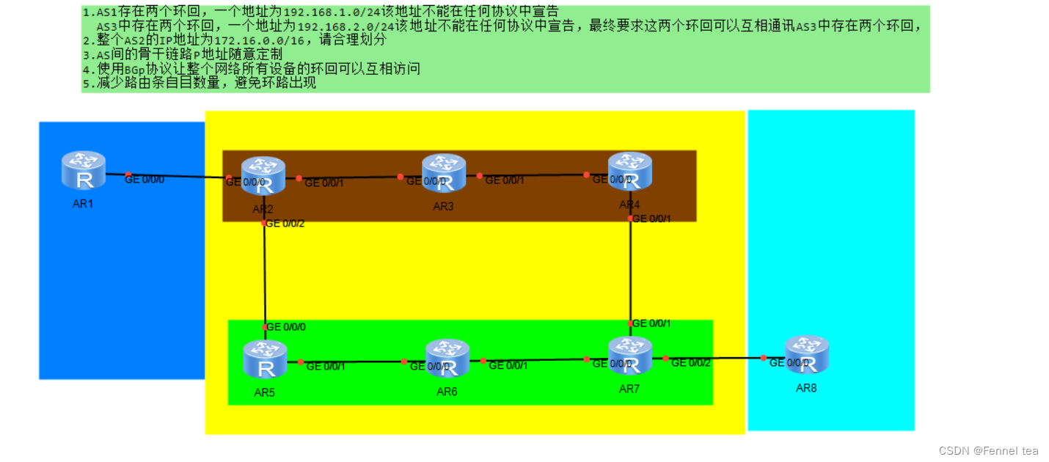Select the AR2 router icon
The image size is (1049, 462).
pos(263,176)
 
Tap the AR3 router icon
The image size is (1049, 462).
pos(444,173)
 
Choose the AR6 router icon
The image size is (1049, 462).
pos(447,358)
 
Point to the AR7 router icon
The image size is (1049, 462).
pos(630,356)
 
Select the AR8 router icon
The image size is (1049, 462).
pos(806,354)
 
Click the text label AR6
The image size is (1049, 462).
pos(447,392)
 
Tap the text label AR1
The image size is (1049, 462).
pos(83,203)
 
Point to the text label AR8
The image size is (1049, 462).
pos(806,388)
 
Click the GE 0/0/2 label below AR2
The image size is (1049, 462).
pos(285,224)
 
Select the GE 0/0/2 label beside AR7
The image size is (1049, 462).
pos(691,362)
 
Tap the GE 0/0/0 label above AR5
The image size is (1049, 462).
pos(286,327)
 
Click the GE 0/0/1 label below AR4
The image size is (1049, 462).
pos(651,218)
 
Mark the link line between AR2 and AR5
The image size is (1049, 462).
pos(264,275)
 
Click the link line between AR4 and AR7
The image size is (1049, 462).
pos(630,271)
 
